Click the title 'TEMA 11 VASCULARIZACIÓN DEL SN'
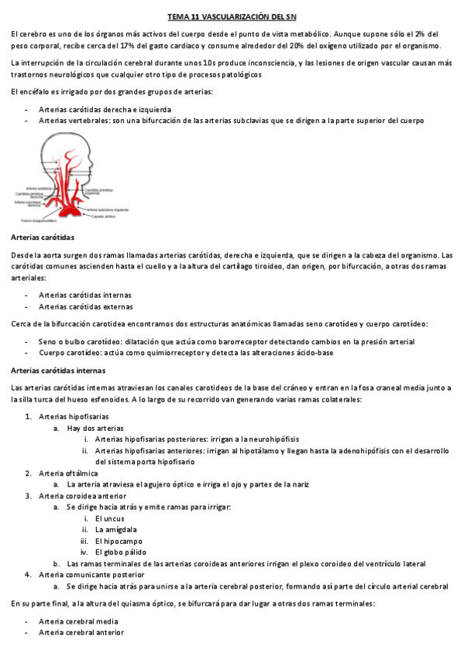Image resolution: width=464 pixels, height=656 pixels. [x=232, y=17]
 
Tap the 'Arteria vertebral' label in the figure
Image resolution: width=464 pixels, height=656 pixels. [x=39, y=188]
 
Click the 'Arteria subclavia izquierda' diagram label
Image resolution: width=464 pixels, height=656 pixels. [x=107, y=209]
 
